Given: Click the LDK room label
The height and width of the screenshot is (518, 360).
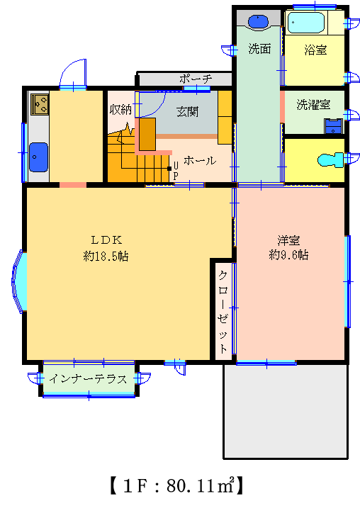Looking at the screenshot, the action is pos(106,240).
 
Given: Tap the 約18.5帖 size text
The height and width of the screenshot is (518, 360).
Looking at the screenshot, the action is pos(106,256).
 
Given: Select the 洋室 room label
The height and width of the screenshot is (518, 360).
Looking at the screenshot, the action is pos(288,240).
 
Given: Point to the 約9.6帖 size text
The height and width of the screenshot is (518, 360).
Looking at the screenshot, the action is pos(288,254).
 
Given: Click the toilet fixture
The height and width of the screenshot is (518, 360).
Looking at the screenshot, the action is pos(331,160).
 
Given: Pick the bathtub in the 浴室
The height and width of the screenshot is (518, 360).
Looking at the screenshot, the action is pos(306,23).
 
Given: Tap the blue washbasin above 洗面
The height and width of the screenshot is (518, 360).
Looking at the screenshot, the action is pos(258,21).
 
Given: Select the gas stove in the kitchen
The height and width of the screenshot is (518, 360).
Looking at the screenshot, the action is pos(40,104).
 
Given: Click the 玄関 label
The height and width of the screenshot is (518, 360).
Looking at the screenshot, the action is pos(188,112).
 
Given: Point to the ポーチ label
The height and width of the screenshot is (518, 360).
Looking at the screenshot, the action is pos(196,79).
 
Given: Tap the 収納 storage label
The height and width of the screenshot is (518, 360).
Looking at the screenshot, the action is pos(120,110).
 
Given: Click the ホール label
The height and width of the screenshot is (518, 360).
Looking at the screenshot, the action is pos(200,161).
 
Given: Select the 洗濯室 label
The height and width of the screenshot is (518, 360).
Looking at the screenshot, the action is pos(313,105).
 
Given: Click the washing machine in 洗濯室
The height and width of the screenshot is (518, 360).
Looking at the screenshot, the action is pos(333,126).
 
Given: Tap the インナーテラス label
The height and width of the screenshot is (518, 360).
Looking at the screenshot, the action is pos(88,378).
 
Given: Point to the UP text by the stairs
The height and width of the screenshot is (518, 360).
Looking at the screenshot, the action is pos(176,171).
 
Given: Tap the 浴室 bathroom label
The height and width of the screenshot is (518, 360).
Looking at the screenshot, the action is pos(315,50).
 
